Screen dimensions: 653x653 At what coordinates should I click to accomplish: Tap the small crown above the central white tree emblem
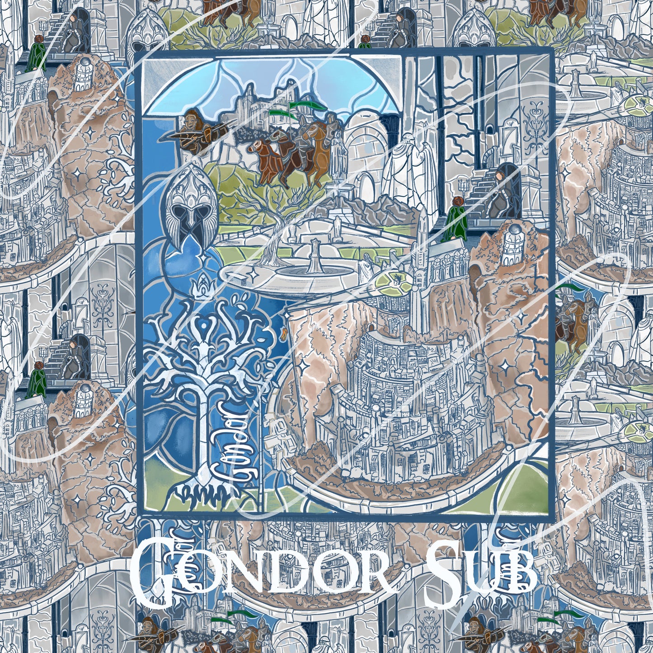[199, 285]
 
